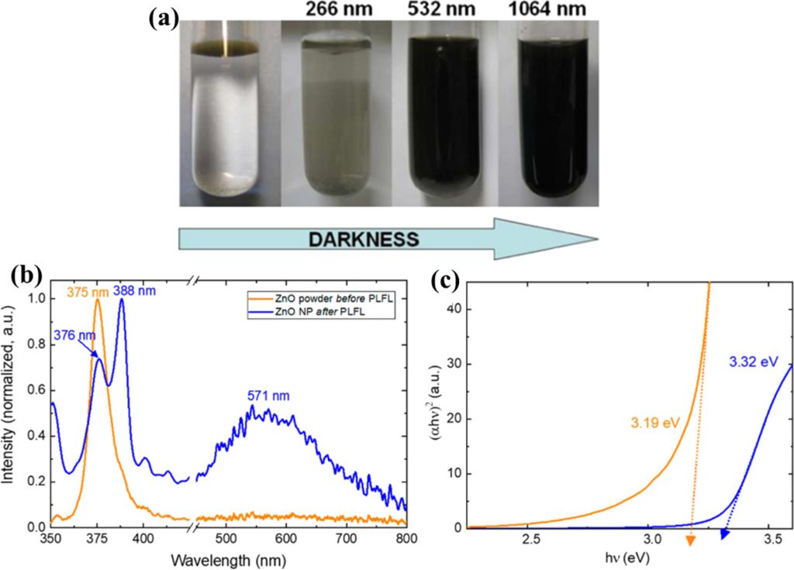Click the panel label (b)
(x=29, y=276)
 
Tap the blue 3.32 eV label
(x=751, y=361)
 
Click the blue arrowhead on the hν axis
(x=724, y=534)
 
